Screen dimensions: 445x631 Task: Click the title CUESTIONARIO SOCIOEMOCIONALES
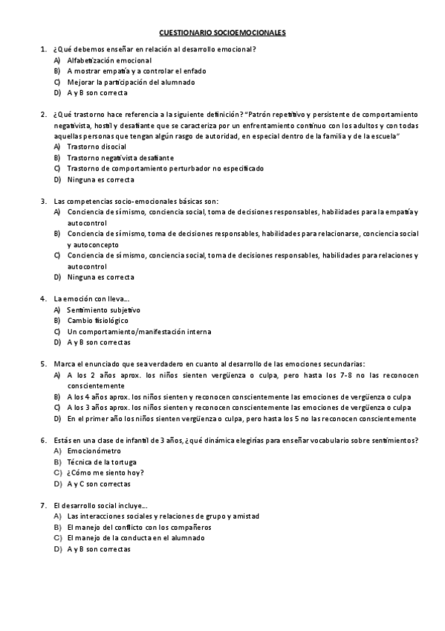(222, 33)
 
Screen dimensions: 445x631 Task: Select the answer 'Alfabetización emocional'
(109, 60)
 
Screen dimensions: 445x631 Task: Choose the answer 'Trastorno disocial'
(96, 147)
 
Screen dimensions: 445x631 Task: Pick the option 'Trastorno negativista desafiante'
(120, 158)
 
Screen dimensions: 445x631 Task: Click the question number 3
(43, 201)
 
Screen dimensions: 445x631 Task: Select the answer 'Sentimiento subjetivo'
(103, 310)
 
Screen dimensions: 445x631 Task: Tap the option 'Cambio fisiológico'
(97, 321)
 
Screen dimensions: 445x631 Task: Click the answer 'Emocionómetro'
(94, 451)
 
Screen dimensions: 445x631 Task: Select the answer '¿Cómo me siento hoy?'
(105, 473)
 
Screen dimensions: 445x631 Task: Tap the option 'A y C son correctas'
(99, 484)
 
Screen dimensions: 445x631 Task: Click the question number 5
(43, 364)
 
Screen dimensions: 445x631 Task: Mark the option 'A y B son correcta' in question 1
(97, 93)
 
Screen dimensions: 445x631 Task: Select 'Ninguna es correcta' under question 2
(100, 179)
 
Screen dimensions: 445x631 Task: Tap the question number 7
(43, 505)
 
